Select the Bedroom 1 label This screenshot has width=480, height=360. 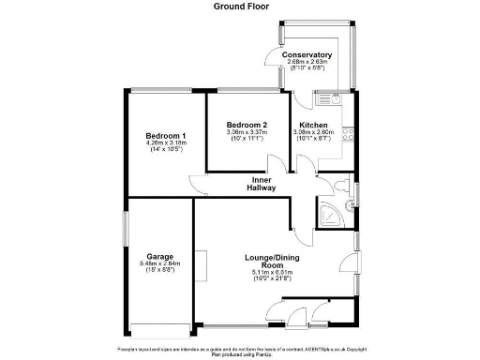tap(166, 136)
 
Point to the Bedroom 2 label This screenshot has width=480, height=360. tap(247, 125)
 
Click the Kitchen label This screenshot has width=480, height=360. tap(313, 125)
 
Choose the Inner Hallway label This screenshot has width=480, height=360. tap(261, 184)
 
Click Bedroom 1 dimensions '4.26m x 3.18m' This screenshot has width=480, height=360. tap(166, 143)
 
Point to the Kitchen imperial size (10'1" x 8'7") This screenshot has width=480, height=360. tap(313, 139)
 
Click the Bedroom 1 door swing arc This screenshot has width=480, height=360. tap(197, 184)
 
